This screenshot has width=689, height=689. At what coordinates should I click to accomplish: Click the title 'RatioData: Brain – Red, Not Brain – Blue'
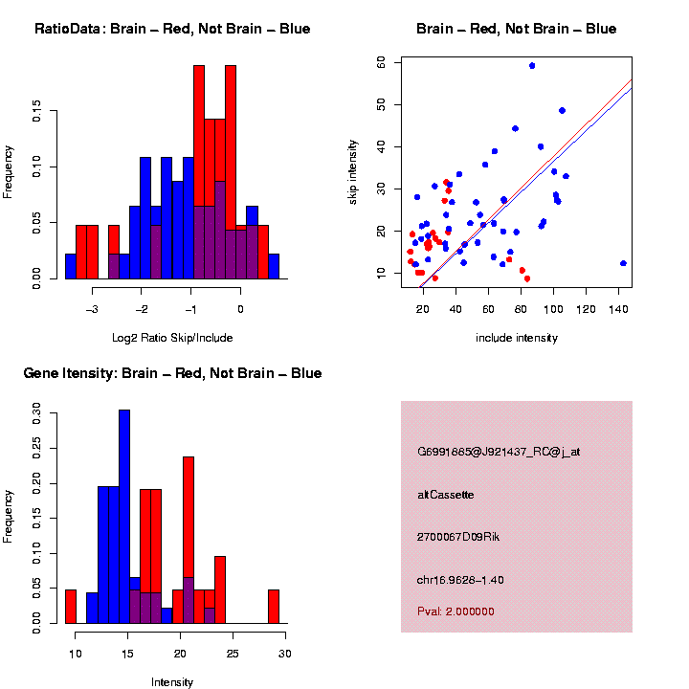(x=172, y=29)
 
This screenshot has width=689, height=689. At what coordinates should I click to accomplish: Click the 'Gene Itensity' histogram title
(x=172, y=373)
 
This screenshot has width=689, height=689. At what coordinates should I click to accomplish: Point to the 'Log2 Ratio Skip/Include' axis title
(x=172, y=338)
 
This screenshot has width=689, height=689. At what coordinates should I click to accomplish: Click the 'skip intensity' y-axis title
(x=353, y=169)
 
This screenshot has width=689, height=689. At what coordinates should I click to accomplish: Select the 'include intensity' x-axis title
(x=517, y=338)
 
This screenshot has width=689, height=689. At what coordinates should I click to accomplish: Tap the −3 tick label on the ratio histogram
(x=93, y=310)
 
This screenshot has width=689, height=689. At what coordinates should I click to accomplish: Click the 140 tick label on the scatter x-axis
(x=620, y=310)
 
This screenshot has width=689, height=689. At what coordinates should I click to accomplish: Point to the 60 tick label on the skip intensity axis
(x=380, y=62)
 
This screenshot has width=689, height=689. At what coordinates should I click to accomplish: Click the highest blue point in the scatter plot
(x=532, y=66)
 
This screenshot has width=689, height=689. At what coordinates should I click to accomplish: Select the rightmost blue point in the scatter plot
(x=623, y=263)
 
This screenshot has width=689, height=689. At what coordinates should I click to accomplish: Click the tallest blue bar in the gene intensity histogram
(x=124, y=517)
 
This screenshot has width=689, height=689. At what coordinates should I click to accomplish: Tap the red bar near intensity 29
(x=274, y=607)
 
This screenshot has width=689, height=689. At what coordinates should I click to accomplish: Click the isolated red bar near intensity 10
(x=71, y=607)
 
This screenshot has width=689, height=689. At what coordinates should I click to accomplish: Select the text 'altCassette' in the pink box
(x=446, y=495)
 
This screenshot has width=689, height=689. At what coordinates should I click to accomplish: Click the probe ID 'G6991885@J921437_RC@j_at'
(x=499, y=452)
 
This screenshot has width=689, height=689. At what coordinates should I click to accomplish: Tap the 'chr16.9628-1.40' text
(x=460, y=580)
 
